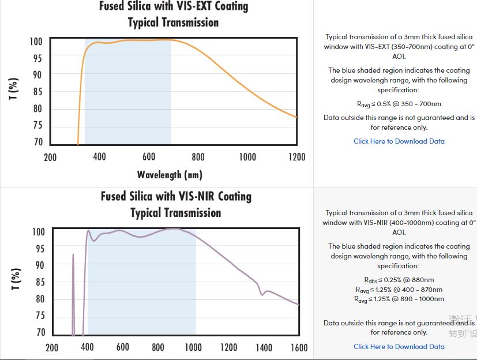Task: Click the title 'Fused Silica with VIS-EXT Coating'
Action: [x=174, y=7]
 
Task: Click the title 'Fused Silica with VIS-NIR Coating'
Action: [x=176, y=196]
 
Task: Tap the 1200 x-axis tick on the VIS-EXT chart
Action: [x=296, y=157]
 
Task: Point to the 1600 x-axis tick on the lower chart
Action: [x=299, y=347]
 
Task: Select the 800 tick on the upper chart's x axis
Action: [x=198, y=157]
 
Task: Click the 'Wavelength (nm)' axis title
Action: [x=170, y=174]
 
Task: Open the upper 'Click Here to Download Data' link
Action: [x=399, y=141]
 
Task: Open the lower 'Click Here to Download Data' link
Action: [x=399, y=347]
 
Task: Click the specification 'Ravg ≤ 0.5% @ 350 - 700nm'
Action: [x=399, y=104]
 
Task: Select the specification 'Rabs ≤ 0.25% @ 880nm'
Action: [x=399, y=280]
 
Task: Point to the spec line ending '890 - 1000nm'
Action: [x=399, y=299]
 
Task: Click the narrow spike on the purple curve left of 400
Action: [x=73, y=257]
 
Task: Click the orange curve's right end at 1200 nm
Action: [x=296, y=117]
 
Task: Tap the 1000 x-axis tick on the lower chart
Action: [x=193, y=347]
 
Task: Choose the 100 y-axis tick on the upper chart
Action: [x=36, y=42]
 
